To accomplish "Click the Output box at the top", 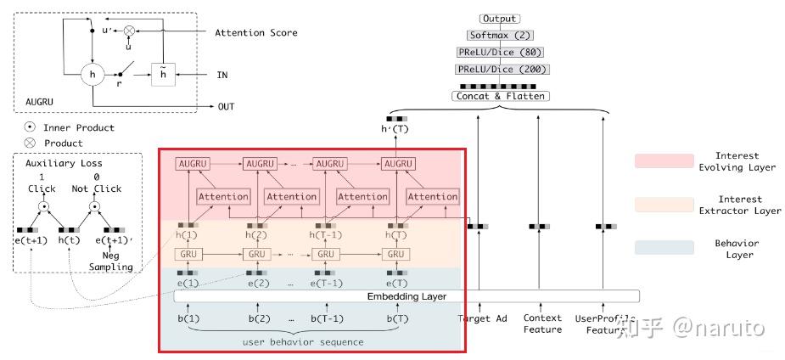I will pyautogui.click(x=499, y=19).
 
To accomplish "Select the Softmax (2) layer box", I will pyautogui.click(x=499, y=35).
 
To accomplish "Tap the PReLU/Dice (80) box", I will pyautogui.click(x=499, y=52).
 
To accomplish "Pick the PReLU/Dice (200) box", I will pyautogui.click(x=499, y=69).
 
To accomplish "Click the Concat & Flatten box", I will pyautogui.click(x=499, y=96).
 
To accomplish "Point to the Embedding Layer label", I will pyautogui.click(x=407, y=296).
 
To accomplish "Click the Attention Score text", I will pyautogui.click(x=255, y=32).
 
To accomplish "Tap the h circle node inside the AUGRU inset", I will pyautogui.click(x=92, y=75).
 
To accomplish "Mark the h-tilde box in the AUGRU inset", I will pyautogui.click(x=162, y=75).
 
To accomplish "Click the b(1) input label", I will pyautogui.click(x=188, y=319).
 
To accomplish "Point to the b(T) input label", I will pyautogui.click(x=395, y=319).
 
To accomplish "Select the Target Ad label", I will pyautogui.click(x=481, y=318).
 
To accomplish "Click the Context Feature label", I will pyautogui.click(x=541, y=323).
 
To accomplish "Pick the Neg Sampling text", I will pyautogui.click(x=112, y=260).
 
